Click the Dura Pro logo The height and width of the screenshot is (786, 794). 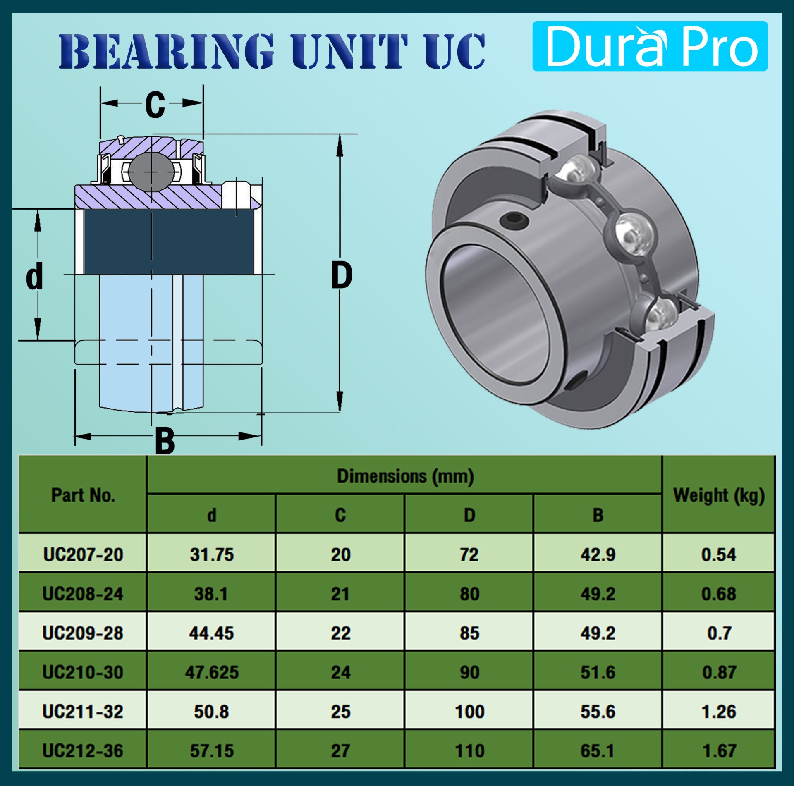pos(650,46)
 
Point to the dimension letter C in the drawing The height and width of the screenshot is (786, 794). pos(155,104)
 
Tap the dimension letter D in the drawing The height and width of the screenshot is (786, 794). pos(342,276)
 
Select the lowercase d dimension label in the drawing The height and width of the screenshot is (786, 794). pos(34,276)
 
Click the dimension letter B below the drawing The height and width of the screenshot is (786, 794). pos(165,441)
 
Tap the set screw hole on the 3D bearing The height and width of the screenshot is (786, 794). pos(514,220)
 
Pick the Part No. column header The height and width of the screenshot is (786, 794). pos(83,495)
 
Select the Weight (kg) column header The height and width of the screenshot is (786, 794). pos(719,495)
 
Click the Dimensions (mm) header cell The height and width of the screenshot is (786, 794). pos(405,476)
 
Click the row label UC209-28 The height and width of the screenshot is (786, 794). pos(83,633)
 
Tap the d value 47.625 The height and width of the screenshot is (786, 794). pos(212,672)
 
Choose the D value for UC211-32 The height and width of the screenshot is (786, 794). pos(469,712)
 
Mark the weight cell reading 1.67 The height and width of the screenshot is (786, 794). pos(719,751)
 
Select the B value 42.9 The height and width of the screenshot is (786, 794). pos(598,554)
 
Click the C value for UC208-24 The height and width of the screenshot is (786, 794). pos(340,594)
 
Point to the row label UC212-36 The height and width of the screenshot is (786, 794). pos(83,751)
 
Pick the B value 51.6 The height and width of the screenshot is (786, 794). pos(598,672)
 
